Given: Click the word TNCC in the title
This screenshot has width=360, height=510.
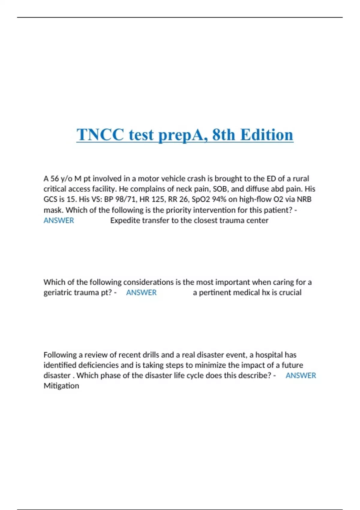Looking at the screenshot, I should (x=100, y=135).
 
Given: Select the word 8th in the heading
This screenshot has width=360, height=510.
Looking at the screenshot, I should (x=223, y=135).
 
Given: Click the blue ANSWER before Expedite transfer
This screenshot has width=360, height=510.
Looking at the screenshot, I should (x=59, y=220).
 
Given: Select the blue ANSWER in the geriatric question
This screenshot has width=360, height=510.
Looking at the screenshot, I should (x=141, y=292).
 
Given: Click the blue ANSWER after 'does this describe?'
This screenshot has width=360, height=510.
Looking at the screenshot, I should (x=301, y=376).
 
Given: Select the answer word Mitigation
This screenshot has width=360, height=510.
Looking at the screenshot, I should (x=61, y=386).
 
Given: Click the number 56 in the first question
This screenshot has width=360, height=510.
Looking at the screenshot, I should (x=55, y=179).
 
